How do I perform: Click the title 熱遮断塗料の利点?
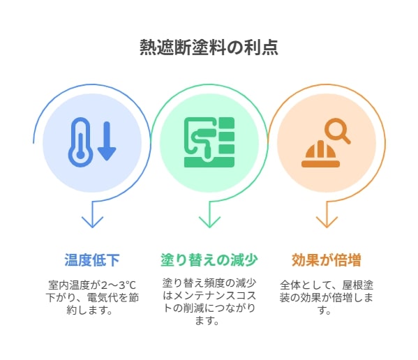click(209, 47)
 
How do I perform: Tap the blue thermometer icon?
click(80, 142)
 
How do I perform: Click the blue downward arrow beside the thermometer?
click(107, 141)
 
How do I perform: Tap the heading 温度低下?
click(92, 260)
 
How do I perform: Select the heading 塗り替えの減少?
click(209, 260)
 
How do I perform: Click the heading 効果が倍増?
click(327, 260)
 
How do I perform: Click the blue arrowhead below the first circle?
click(92, 222)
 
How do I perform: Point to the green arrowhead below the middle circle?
click(209, 222)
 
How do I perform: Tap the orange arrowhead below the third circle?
click(327, 222)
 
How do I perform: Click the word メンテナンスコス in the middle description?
click(214, 296)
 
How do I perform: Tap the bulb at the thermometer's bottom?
click(80, 155)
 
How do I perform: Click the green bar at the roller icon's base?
click(209, 162)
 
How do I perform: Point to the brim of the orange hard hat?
click(321, 164)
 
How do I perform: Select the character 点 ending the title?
click(270, 47)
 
